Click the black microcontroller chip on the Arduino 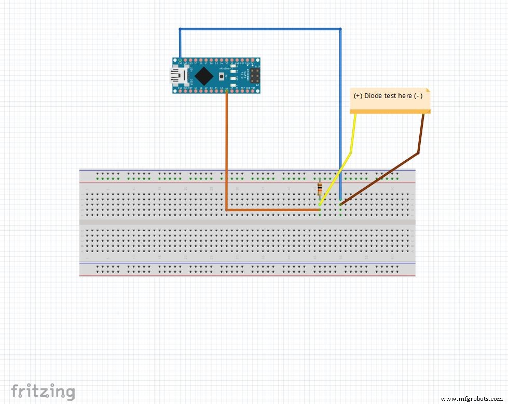click(x=204, y=76)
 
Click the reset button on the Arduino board click(x=222, y=76)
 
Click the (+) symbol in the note click(x=359, y=96)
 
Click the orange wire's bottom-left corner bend click(x=227, y=210)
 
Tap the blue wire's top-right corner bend click(x=340, y=29)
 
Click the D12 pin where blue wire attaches click(x=180, y=61)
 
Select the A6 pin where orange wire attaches click(x=227, y=90)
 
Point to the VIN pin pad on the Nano click(x=257, y=90)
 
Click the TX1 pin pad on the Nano click(x=257, y=61)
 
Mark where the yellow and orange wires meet click(x=320, y=210)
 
